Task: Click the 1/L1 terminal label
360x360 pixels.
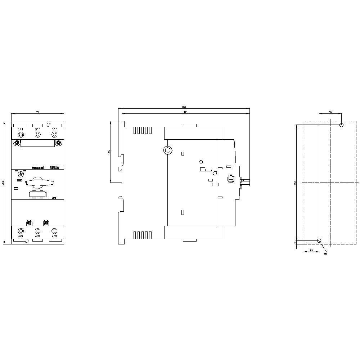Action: (21, 129)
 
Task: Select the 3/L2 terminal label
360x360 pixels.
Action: (37, 129)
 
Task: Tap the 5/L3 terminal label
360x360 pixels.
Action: (54, 129)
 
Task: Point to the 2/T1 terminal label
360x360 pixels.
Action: (21, 237)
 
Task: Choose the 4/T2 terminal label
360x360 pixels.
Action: (37, 237)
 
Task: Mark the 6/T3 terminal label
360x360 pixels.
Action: (54, 237)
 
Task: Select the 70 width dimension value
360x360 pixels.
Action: (37, 113)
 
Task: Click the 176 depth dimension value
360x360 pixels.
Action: (184, 107)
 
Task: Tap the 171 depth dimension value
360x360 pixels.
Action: (185, 112)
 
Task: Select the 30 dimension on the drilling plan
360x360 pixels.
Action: (330, 112)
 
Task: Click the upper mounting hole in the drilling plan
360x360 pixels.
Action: (341, 125)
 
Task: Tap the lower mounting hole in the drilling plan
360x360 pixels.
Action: (319, 240)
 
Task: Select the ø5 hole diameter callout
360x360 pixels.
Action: (326, 254)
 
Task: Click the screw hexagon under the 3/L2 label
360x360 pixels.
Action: (37, 135)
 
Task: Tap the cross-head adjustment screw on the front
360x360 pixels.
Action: (20, 174)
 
